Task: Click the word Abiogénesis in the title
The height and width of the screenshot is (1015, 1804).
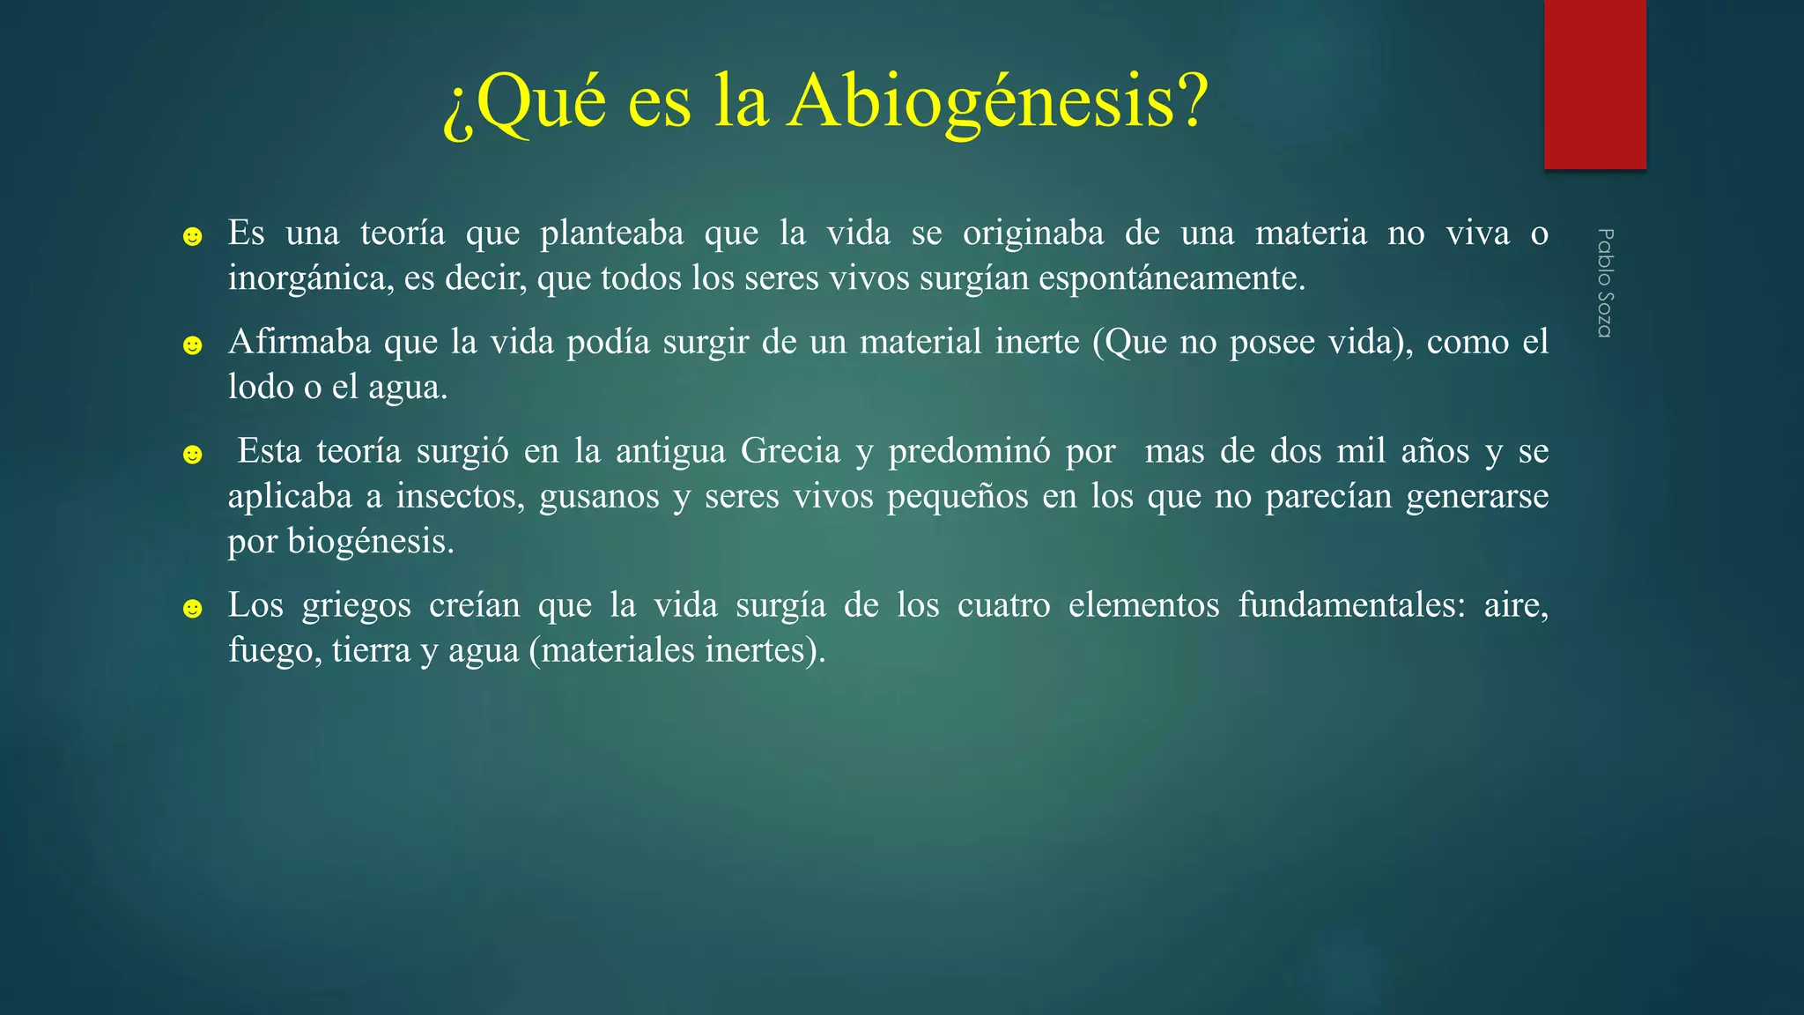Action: [x=997, y=102]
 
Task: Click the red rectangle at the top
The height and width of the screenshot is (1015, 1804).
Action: [x=1594, y=84]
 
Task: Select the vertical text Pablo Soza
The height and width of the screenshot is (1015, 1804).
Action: [x=1605, y=283]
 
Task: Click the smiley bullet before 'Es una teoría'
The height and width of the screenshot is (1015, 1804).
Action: [x=192, y=236]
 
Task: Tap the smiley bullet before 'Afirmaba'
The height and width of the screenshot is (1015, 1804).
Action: [x=192, y=345]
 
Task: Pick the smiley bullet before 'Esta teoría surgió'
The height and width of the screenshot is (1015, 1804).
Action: [x=192, y=455]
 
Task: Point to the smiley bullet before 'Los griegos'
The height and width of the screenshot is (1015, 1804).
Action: [x=192, y=609]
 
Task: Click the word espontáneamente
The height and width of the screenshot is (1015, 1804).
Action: [x=1171, y=278]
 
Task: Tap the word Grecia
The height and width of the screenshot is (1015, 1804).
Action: [x=790, y=451]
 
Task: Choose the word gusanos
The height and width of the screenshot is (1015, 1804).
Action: [x=599, y=496]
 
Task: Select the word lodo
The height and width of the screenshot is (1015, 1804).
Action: [x=261, y=387]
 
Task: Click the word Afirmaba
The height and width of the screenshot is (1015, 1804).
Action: [x=299, y=342]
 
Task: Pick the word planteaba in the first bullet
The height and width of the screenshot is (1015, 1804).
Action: [x=611, y=233]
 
